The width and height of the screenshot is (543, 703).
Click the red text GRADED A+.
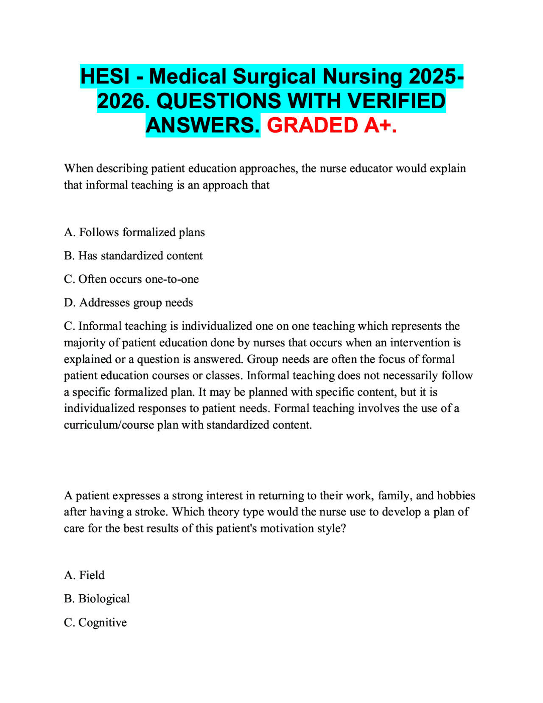tap(332, 125)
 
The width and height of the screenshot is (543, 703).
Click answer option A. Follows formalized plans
tap(134, 232)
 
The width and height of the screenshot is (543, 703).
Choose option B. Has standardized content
tap(133, 256)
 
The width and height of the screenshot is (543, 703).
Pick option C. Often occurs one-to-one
tap(131, 279)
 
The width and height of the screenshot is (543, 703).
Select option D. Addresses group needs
tap(128, 303)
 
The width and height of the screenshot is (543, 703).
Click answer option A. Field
tap(84, 575)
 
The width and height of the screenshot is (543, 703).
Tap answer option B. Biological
tap(97, 599)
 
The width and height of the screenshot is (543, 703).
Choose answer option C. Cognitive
tap(95, 622)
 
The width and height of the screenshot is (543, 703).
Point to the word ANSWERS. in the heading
tap(203, 125)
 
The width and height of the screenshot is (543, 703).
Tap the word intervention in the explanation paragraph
tap(420, 343)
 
